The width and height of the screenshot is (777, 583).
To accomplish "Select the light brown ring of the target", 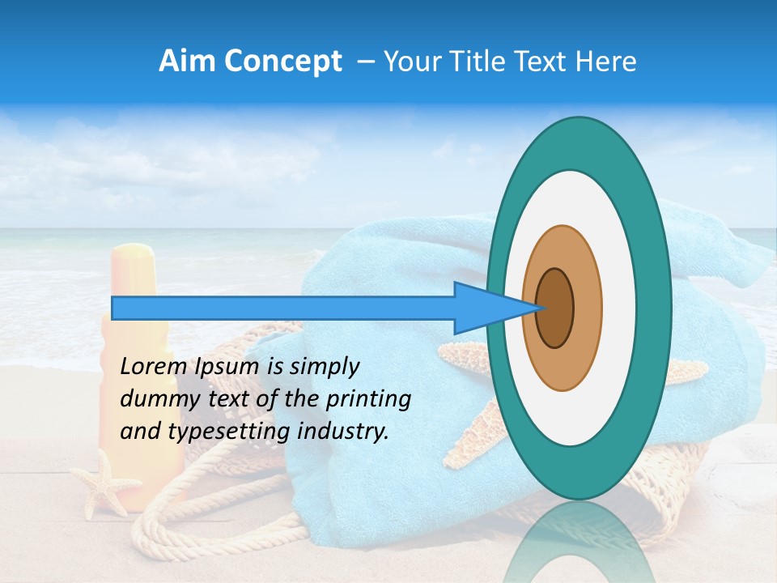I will [586, 309].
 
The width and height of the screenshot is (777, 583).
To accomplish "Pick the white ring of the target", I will [618, 309].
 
